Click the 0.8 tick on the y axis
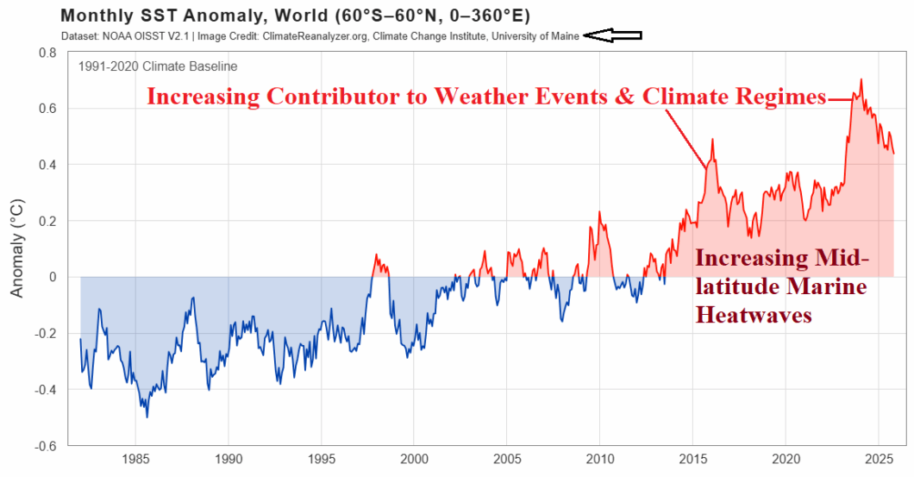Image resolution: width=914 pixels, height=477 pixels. tap(47, 53)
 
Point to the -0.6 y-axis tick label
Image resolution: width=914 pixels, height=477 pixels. tap(44, 446)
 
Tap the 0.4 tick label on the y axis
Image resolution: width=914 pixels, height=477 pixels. tap(47, 165)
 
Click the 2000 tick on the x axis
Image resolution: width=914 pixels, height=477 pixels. tap(414, 458)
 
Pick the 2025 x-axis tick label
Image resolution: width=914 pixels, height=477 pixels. tap(878, 458)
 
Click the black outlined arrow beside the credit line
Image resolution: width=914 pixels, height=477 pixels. tap(613, 35)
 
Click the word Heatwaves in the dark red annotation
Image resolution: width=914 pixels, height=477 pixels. tap(754, 316)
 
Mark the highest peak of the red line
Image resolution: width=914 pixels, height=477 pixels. tap(861, 79)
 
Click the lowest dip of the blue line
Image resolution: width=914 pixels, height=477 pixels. tap(147, 417)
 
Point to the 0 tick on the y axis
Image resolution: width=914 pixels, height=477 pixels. tap(53, 277)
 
